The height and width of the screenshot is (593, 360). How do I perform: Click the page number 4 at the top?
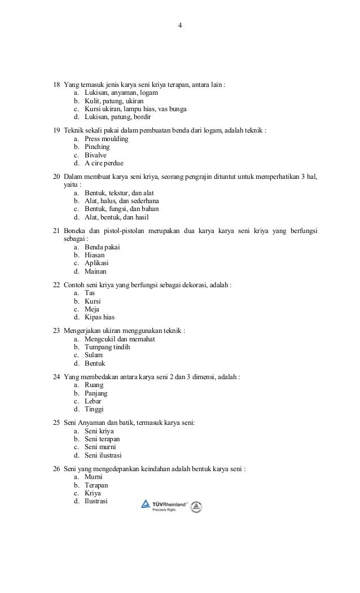coord(179,25)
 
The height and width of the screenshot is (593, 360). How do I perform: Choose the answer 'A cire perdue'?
coord(104,163)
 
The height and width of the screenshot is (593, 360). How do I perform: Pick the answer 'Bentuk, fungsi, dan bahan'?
coord(121,209)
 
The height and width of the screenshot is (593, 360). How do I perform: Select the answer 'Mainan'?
coord(95,271)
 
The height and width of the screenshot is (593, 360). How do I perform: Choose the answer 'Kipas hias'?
coord(99,317)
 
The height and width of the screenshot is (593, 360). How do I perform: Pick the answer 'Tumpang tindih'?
coord(107,347)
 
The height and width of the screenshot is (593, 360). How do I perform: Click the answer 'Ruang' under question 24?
coord(94,385)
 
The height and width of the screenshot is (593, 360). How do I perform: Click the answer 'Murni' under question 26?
coord(94,477)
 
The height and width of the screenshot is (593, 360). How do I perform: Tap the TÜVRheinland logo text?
coord(168,504)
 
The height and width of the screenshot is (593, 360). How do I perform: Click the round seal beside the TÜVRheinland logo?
coord(196,507)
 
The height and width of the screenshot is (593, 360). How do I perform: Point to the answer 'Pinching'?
coord(97,147)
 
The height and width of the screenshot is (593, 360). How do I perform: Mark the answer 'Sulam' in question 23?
coord(94,355)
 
